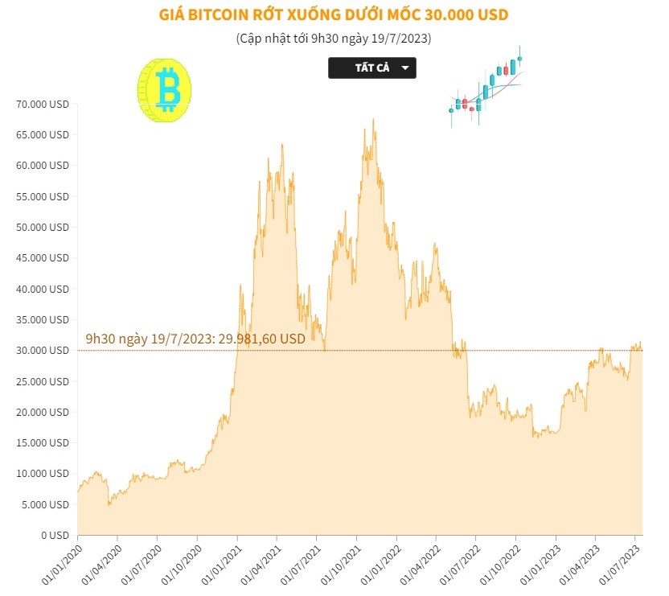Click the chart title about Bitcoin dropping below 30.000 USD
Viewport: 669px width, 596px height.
[334, 15]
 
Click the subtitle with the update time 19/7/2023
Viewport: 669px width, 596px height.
[334, 39]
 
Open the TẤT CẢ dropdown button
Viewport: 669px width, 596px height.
[371, 68]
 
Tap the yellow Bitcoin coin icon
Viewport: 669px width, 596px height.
[165, 90]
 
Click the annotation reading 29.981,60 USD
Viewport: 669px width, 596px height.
[195, 339]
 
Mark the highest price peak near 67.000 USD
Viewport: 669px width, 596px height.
[373, 121]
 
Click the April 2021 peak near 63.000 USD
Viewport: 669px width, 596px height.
[281, 146]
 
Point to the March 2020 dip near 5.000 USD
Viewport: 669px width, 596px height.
[109, 504]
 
